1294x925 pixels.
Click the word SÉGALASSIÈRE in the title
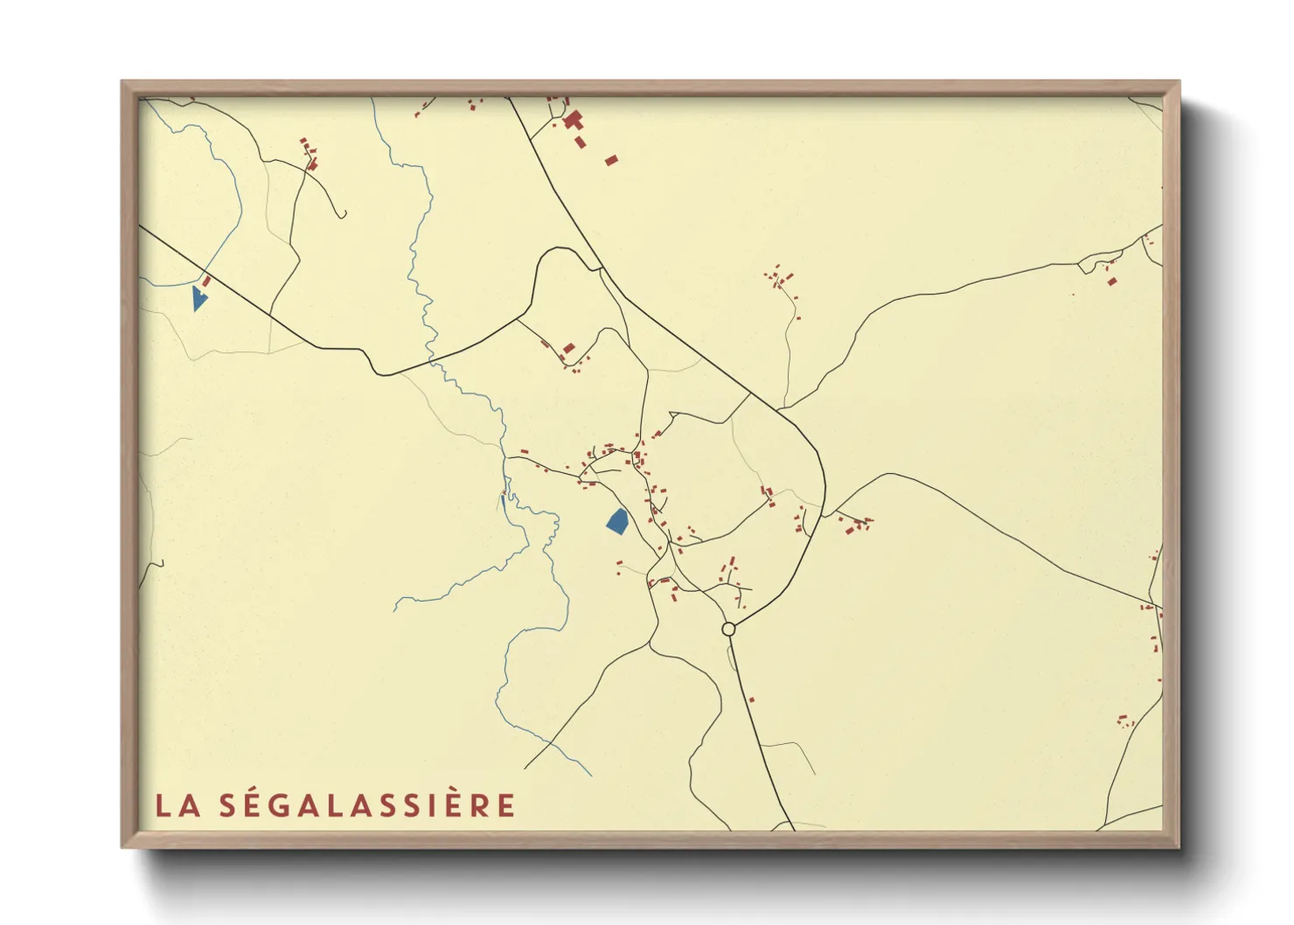(x=367, y=805)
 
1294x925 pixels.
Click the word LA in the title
(x=178, y=806)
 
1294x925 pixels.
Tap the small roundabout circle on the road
(x=728, y=629)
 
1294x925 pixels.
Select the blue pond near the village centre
(x=617, y=521)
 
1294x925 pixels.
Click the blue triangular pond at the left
(x=198, y=298)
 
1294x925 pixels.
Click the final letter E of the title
(x=506, y=806)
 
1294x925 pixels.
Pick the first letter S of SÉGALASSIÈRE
(x=226, y=806)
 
